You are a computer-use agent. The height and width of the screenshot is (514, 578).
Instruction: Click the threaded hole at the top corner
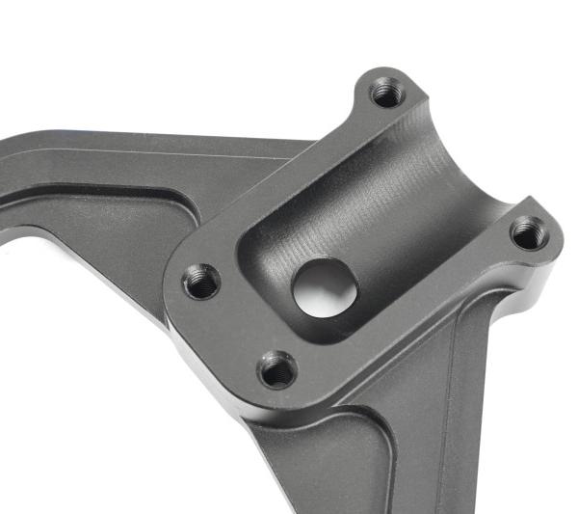(387, 94)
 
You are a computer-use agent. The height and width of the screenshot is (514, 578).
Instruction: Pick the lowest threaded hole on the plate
(277, 368)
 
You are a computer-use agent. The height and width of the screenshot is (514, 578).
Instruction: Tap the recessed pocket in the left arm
(96, 207)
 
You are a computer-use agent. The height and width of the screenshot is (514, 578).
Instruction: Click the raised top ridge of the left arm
(144, 145)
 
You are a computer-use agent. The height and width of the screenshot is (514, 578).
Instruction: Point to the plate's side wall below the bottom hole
(289, 405)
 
